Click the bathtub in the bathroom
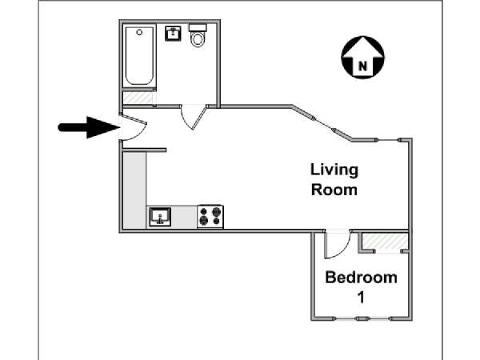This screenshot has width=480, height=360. pyautogui.click(x=139, y=56)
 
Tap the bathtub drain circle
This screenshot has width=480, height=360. pyautogui.click(x=139, y=32)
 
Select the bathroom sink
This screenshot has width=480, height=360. pyautogui.click(x=174, y=33)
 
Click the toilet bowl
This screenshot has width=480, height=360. pyautogui.click(x=198, y=39)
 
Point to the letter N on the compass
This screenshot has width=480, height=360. pyautogui.click(x=362, y=66)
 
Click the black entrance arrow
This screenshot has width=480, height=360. pyautogui.click(x=89, y=127)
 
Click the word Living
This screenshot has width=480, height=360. pyautogui.click(x=334, y=170)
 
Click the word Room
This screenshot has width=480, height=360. pyautogui.click(x=334, y=190)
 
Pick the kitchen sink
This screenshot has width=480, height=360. pyautogui.click(x=160, y=217)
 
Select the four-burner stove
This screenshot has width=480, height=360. pyautogui.click(x=210, y=217)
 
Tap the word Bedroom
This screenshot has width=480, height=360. pyautogui.click(x=362, y=278)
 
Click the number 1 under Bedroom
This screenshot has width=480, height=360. pyautogui.click(x=362, y=297)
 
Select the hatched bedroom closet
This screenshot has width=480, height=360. pyautogui.click(x=385, y=242)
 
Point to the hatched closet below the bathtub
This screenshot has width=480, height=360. pyautogui.click(x=138, y=98)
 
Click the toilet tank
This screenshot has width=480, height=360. pyautogui.click(x=198, y=28)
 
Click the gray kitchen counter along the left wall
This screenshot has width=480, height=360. pyautogui.click(x=134, y=190)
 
